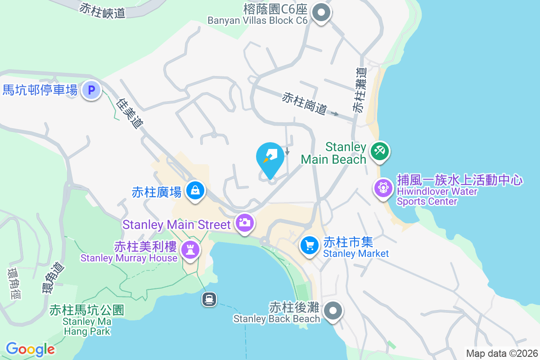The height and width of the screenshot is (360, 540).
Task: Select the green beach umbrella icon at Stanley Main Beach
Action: [x=379, y=151]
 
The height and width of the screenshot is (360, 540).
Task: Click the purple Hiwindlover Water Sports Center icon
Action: [x=383, y=187]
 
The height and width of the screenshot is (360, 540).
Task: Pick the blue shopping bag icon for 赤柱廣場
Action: [x=195, y=191]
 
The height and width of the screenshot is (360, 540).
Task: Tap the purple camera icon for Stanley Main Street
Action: [x=245, y=222]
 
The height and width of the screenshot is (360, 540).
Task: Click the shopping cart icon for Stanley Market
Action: [x=310, y=245]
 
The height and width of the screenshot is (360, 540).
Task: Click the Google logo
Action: [x=30, y=349]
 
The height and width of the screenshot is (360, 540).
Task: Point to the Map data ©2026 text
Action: [x=501, y=353]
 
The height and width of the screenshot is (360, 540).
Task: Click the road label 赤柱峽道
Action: [x=102, y=10]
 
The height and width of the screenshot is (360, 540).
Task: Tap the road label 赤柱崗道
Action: [x=304, y=103]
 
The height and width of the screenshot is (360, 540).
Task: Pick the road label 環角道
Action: [x=54, y=278]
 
